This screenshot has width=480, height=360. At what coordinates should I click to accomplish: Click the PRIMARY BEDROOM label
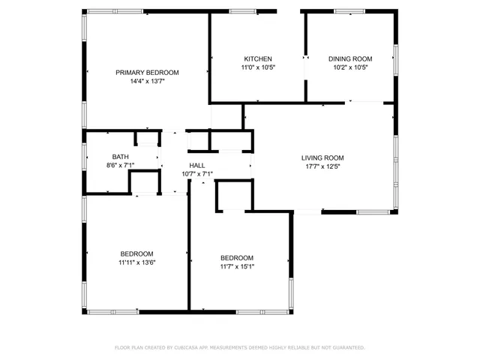click(x=147, y=72)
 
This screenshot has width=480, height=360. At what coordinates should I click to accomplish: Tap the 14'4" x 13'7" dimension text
click(x=147, y=81)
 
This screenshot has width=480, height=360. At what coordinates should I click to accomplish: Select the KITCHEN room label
click(x=257, y=58)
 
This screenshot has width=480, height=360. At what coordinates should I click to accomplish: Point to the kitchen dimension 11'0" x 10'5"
click(x=257, y=67)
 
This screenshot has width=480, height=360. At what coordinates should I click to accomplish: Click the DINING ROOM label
click(x=350, y=58)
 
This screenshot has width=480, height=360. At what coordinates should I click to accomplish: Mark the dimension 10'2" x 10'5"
click(x=350, y=67)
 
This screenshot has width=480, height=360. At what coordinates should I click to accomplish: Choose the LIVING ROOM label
click(x=322, y=157)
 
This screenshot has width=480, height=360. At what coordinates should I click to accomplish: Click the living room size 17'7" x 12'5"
click(x=322, y=166)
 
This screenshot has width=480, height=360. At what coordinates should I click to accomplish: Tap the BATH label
click(x=121, y=156)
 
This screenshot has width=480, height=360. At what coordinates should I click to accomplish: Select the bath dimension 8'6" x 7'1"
click(x=121, y=165)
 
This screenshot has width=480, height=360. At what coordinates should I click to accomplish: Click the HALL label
click(x=197, y=165)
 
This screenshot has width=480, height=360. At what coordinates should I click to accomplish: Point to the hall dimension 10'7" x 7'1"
click(x=197, y=174)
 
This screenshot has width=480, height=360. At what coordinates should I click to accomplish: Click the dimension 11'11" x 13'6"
click(x=136, y=262)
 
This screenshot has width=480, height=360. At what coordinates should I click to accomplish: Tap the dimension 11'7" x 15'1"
click(x=236, y=266)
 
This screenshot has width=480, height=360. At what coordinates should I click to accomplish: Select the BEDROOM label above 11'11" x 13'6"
click(x=136, y=253)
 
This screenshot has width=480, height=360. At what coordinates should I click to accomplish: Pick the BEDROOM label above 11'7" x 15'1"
click(x=236, y=257)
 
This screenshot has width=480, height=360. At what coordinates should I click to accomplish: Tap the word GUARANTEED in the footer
click(x=346, y=348)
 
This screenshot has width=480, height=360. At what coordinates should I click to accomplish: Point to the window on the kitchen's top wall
click(x=241, y=11)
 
